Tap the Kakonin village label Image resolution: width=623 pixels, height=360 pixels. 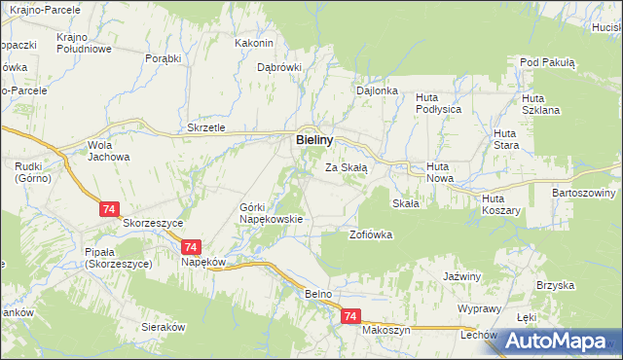tap(254, 43)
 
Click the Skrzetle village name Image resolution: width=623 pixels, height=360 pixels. tap(206, 127)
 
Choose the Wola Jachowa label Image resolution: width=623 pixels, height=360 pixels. tap(107, 151)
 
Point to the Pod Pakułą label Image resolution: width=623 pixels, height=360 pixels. tap(548, 62)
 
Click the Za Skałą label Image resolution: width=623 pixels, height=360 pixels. tap(346, 167)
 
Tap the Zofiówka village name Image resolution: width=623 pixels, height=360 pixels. tap(370, 234)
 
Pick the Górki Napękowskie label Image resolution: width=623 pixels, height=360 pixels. tap(272, 214)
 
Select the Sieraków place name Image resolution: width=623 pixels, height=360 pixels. tap(163, 328)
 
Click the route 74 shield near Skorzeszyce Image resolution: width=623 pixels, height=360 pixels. tap(109, 208)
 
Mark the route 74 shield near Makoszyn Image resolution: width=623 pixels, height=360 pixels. tap(351, 317)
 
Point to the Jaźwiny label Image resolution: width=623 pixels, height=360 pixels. tap(462, 276)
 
